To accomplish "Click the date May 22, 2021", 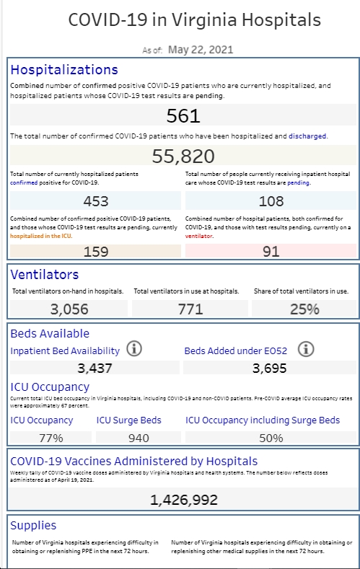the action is [x=201, y=50].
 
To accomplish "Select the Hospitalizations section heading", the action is [x=64, y=70].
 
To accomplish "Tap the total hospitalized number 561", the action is [x=183, y=116].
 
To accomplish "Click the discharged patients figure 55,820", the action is [x=183, y=156].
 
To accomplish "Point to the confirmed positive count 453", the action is [x=96, y=201].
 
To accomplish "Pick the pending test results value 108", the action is [x=271, y=201].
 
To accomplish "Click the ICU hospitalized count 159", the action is [x=96, y=252].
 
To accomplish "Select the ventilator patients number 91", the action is [x=271, y=252].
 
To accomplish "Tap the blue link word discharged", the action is [x=307, y=136].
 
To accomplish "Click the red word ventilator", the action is [x=199, y=236].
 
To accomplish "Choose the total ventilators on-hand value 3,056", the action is [x=69, y=309].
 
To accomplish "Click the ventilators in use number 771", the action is [x=190, y=309].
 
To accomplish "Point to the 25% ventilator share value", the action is [x=304, y=309].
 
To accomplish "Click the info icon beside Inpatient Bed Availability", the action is [x=134, y=349].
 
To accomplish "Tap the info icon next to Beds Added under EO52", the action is [x=306, y=349].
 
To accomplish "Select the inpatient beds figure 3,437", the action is [x=95, y=369].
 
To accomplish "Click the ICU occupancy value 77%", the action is [x=51, y=438].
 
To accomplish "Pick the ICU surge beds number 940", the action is [x=139, y=438].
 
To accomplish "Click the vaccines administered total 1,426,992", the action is [x=184, y=500].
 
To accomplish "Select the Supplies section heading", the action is [x=33, y=526].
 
